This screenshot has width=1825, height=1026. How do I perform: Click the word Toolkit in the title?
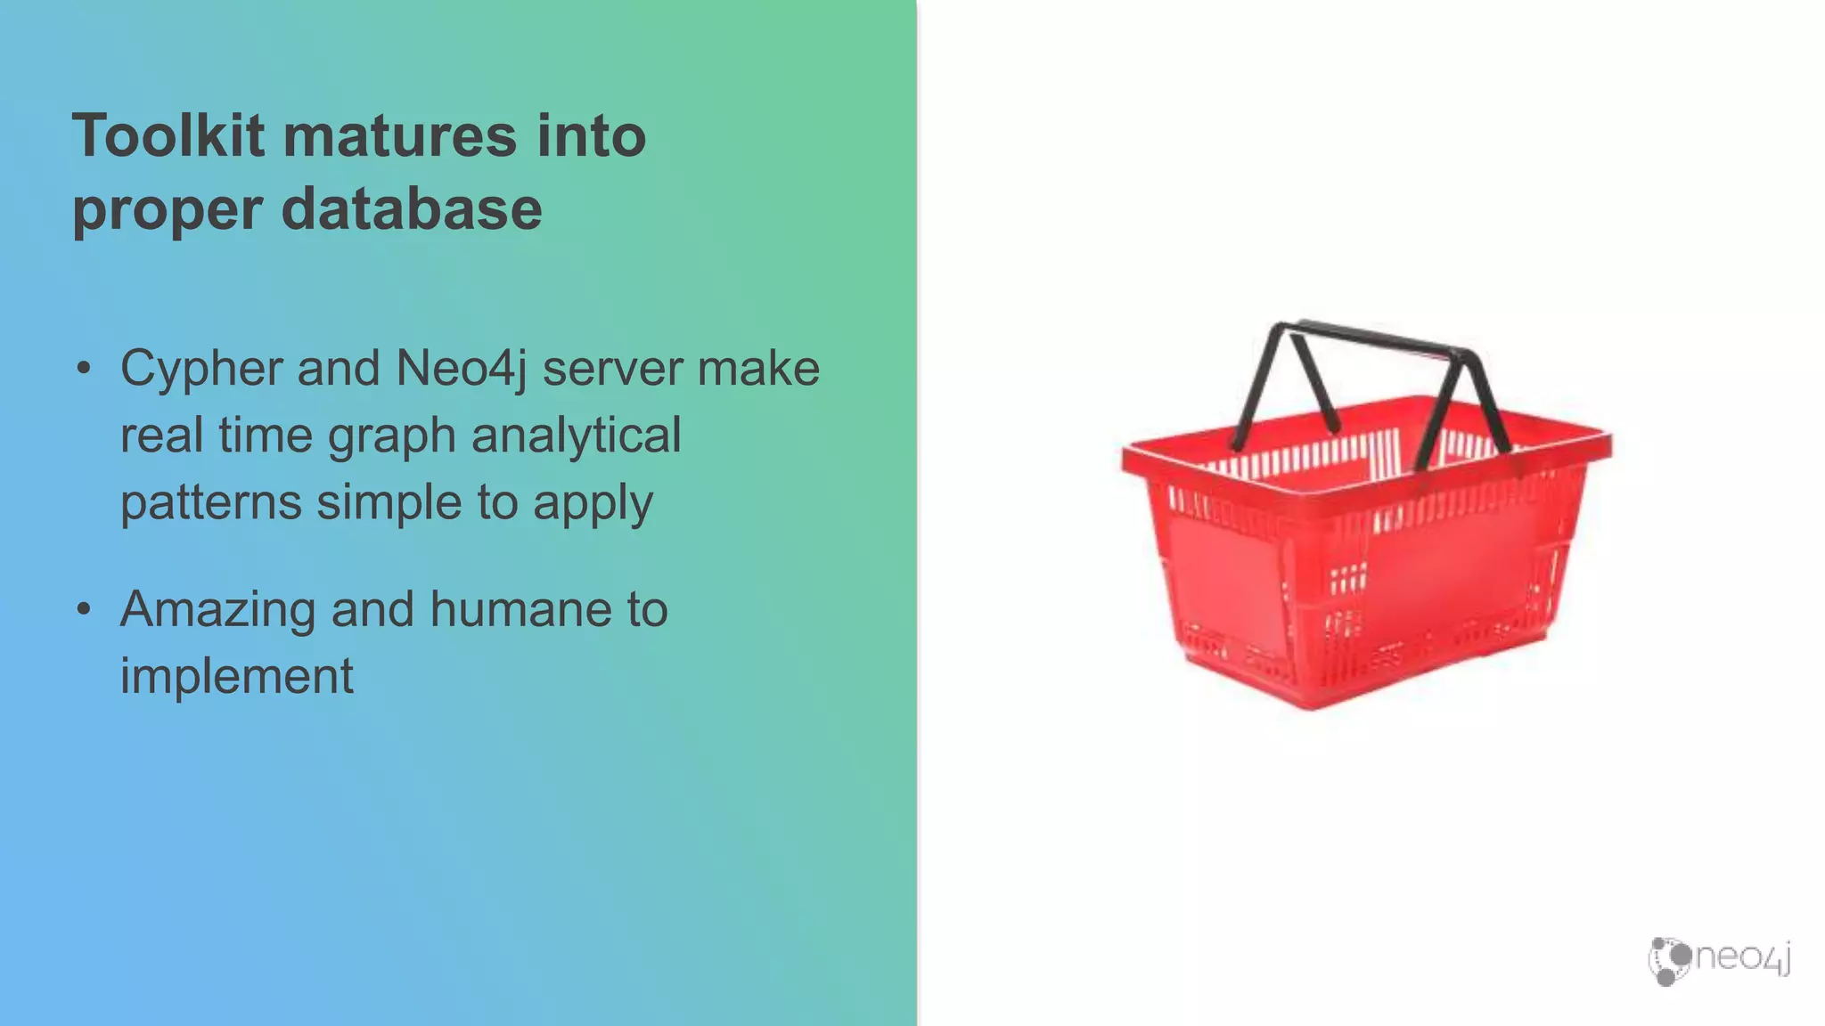tap(168, 135)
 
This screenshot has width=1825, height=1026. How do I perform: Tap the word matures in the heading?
tap(399, 135)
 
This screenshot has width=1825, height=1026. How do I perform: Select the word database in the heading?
tap(412, 209)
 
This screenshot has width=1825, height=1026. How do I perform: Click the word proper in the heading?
tap(168, 211)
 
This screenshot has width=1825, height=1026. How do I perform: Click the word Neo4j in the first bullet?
tap(462, 369)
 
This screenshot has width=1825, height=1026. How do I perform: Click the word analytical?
tap(576, 436)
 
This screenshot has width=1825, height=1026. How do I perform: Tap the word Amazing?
tap(217, 609)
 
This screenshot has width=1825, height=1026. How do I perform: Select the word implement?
tap(236, 676)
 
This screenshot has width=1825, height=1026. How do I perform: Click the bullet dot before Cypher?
tap(84, 368)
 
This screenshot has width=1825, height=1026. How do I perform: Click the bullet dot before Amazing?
tap(84, 608)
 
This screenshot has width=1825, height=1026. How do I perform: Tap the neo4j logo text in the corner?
tap(1743, 957)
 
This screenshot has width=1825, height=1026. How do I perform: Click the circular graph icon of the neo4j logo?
tap(1668, 961)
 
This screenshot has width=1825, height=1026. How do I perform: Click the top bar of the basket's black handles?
tap(1377, 337)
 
